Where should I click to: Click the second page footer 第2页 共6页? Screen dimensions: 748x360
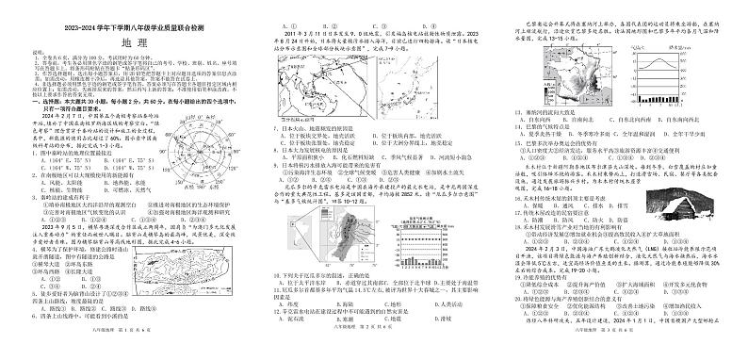click(x=377, y=350)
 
